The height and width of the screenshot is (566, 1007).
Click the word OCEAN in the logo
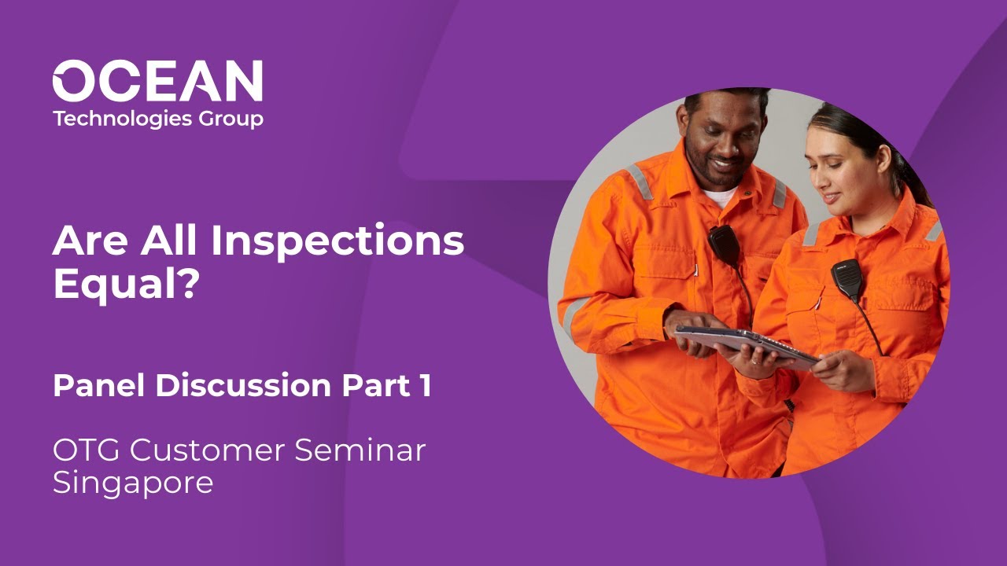157,81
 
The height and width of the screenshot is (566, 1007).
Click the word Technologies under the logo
122,119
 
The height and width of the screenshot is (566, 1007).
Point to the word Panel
99,386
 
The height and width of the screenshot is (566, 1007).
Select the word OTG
86,450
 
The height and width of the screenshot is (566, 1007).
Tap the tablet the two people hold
743,343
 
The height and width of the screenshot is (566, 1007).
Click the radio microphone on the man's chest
722,245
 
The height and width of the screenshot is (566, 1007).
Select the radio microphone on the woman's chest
847,279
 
